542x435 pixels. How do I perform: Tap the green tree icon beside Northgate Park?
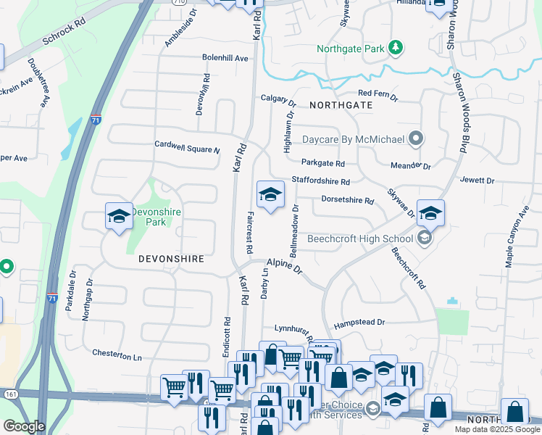click(x=396, y=49)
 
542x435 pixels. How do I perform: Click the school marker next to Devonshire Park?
click(x=119, y=216)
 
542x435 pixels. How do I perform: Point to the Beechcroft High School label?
click(x=359, y=239)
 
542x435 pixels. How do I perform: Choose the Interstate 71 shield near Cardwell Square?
click(x=96, y=120)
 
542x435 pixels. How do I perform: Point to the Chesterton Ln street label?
click(x=117, y=355)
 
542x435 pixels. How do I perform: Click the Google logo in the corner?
click(x=24, y=426)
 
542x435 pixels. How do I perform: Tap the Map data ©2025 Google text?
click(x=496, y=429)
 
